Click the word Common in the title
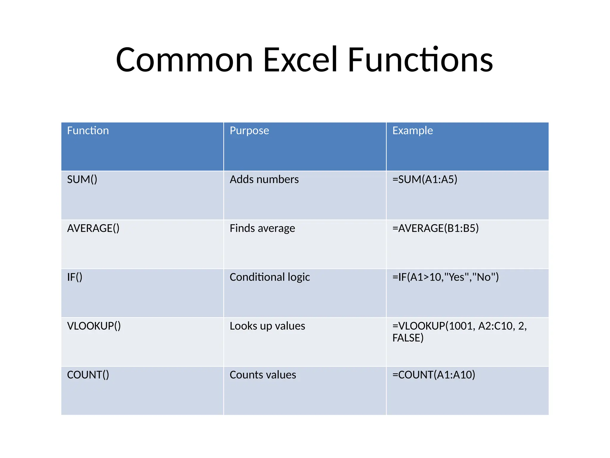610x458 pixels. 184,60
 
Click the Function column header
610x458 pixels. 88,131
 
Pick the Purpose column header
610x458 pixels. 249,131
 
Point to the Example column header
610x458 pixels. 413,131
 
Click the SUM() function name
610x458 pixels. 82,180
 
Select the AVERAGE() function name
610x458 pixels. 93,228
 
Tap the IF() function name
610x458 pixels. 75,277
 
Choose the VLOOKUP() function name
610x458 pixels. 94,326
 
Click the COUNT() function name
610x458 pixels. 88,375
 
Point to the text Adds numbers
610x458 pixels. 264,180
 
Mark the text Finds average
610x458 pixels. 262,228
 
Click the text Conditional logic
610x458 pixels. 270,277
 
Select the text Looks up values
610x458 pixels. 267,326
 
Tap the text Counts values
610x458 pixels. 263,375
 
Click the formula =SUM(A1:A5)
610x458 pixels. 425,180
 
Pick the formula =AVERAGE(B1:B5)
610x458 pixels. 435,228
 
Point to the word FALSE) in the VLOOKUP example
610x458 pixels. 408,338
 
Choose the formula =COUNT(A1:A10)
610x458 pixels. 434,375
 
